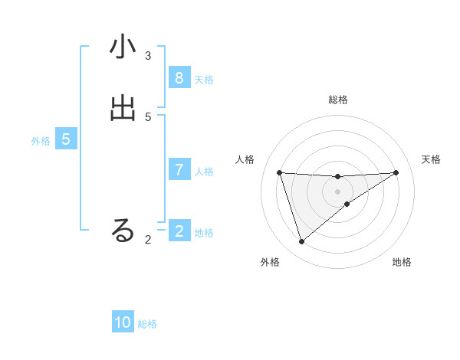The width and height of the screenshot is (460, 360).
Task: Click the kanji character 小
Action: tap(123, 47)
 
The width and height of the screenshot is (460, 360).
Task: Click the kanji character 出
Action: tap(123, 109)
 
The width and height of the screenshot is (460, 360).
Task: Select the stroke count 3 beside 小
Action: tap(148, 55)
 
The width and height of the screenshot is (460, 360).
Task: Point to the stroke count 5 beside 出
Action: tap(148, 116)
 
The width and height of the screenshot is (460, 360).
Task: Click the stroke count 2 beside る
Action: tap(148, 240)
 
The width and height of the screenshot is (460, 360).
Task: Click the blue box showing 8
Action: tap(179, 78)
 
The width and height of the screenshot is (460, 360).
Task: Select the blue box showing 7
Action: tap(179, 170)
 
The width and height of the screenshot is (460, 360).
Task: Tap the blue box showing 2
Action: tap(179, 231)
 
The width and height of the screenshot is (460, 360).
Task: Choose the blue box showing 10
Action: tap(123, 323)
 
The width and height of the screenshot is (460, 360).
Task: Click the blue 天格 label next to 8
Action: tap(204, 80)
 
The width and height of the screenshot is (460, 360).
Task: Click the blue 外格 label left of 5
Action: tap(41, 141)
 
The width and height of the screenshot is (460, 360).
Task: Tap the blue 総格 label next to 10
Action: tap(147, 325)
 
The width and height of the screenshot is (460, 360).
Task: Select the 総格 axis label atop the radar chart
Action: tap(337, 100)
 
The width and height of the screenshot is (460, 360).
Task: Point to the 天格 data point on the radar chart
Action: tap(396, 172)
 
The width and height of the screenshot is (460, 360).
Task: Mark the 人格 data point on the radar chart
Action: tap(279, 172)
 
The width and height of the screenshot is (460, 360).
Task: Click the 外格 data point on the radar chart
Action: tap(301, 242)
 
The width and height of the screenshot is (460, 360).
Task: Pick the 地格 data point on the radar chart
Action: tap(347, 204)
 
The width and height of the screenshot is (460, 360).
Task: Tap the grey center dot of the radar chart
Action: tap(337, 191)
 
